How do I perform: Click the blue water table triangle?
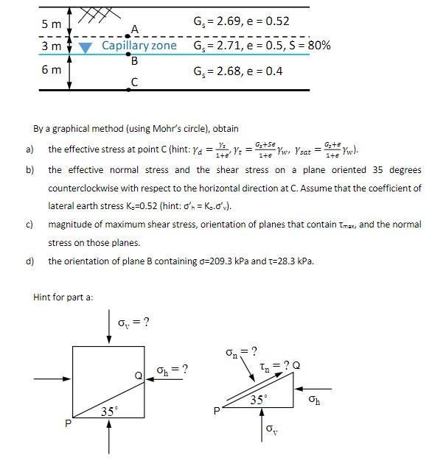(86, 47)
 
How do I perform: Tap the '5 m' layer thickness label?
(52, 24)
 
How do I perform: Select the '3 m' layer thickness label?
(52, 46)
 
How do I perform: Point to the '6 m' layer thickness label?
(52, 70)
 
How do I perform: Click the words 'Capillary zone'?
(139, 46)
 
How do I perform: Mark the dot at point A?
(128, 35)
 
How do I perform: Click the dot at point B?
(128, 54)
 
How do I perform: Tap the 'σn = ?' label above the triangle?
(240, 350)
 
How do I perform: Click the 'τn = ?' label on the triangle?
(278, 365)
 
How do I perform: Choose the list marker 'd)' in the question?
(30, 261)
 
